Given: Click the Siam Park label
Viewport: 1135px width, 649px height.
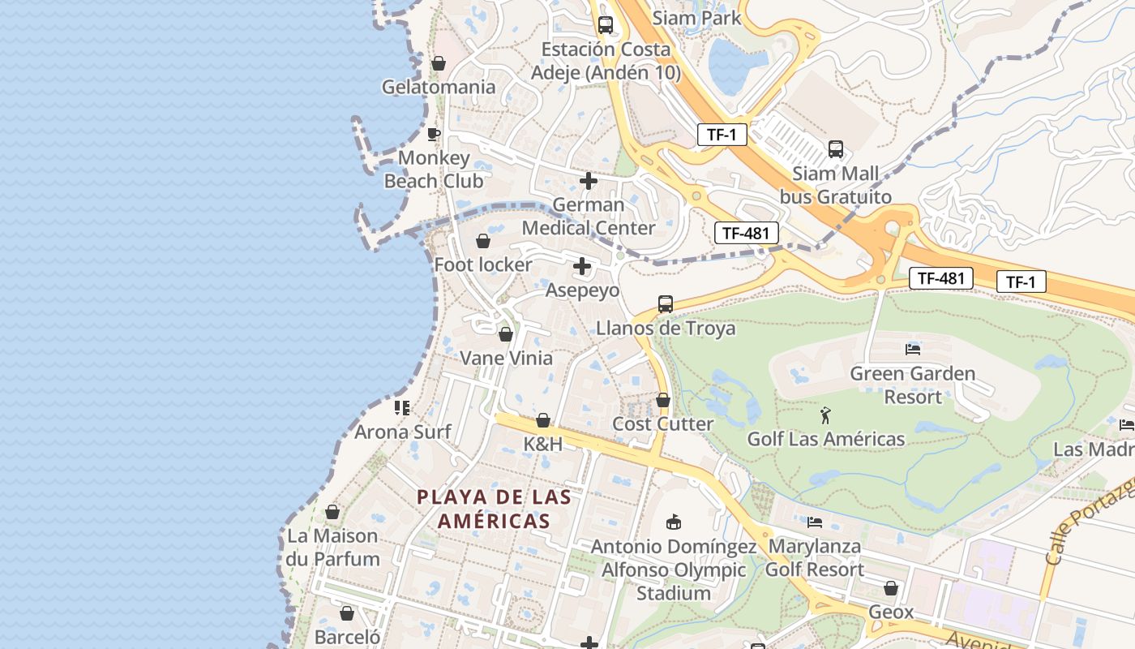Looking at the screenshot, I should pyautogui.click(x=696, y=18).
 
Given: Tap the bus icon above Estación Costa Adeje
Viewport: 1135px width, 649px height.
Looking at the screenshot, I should pyautogui.click(x=605, y=25).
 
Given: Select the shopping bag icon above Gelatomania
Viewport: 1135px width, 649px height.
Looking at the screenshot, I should pyautogui.click(x=439, y=63).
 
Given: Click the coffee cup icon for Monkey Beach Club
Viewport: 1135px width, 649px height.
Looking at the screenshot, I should pyautogui.click(x=434, y=134).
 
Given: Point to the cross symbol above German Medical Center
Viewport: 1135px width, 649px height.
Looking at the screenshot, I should pyautogui.click(x=589, y=181).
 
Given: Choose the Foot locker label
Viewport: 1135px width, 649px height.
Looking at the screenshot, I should pyautogui.click(x=483, y=265).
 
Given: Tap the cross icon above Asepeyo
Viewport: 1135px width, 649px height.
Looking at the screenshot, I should pyautogui.click(x=582, y=266).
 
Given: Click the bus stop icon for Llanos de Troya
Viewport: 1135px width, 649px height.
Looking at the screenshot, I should pyautogui.click(x=666, y=304).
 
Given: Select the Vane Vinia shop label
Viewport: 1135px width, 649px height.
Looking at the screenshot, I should pyautogui.click(x=506, y=359).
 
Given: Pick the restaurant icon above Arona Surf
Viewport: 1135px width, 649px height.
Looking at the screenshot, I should pyautogui.click(x=402, y=407).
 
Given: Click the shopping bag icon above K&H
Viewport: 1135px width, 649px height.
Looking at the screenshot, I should pyautogui.click(x=543, y=420).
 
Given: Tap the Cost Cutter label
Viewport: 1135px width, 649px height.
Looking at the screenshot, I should pyautogui.click(x=662, y=424).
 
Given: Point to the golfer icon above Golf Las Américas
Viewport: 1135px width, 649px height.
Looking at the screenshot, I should pyautogui.click(x=825, y=415).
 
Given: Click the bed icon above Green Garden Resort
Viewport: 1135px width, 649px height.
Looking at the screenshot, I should pyautogui.click(x=913, y=350).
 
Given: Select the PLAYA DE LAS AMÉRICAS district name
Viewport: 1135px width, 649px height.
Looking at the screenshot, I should pyautogui.click(x=494, y=509).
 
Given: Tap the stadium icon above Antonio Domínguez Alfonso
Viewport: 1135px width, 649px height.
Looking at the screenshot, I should pyautogui.click(x=673, y=522).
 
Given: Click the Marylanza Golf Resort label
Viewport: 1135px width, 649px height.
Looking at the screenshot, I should pyautogui.click(x=816, y=558).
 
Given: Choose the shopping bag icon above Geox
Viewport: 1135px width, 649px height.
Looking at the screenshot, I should pyautogui.click(x=891, y=588).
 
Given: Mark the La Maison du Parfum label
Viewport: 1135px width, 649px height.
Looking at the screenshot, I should pyautogui.click(x=332, y=548).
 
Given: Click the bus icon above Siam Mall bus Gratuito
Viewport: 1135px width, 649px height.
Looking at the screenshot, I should pyautogui.click(x=836, y=149).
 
